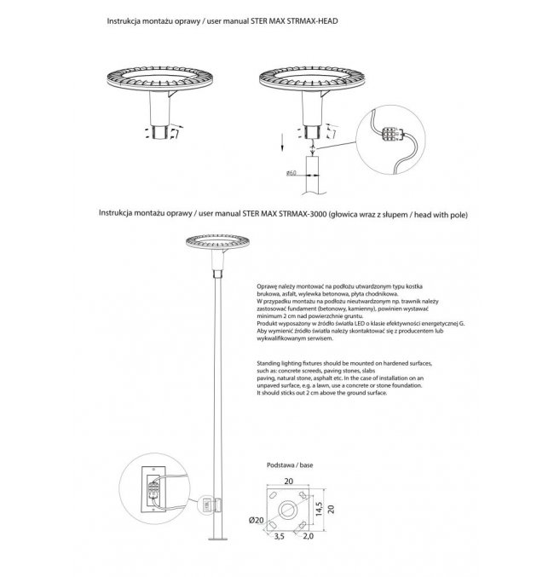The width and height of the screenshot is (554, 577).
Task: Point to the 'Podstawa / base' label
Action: (x=288, y=467)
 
